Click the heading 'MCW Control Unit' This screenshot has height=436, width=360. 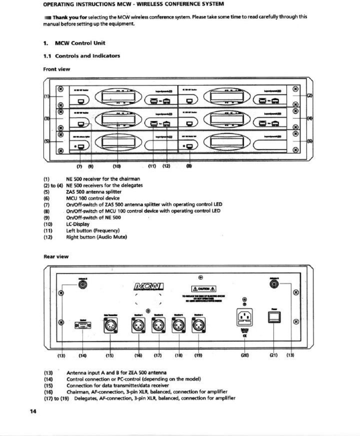pyautogui.click(x=80, y=43)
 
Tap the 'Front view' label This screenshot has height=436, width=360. pyautogui.click(x=57, y=69)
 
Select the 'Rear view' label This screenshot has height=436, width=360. pyautogui.click(x=56, y=256)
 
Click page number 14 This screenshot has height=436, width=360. pyautogui.click(x=33, y=411)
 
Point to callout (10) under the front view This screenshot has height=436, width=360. pyautogui.click(x=117, y=166)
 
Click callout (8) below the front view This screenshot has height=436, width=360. pyautogui.click(x=189, y=166)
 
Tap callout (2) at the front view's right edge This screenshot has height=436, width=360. pyautogui.click(x=310, y=96)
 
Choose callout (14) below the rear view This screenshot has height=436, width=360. pyautogui.click(x=82, y=355)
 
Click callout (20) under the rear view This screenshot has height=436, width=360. pyautogui.click(x=245, y=355)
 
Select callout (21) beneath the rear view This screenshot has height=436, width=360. pyautogui.click(x=274, y=355)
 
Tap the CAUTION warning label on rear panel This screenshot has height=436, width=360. pyautogui.click(x=203, y=289)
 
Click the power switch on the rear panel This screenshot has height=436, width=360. pyautogui.click(x=274, y=317)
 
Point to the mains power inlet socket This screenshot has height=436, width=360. pyautogui.click(x=244, y=317)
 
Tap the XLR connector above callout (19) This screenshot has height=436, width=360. pyautogui.click(x=198, y=325)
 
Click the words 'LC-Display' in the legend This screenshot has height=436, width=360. pyautogui.click(x=78, y=224)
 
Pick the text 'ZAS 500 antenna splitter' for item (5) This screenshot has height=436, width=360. pyautogui.click(x=94, y=192)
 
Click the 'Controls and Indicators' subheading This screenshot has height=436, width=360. pyautogui.click(x=87, y=56)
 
